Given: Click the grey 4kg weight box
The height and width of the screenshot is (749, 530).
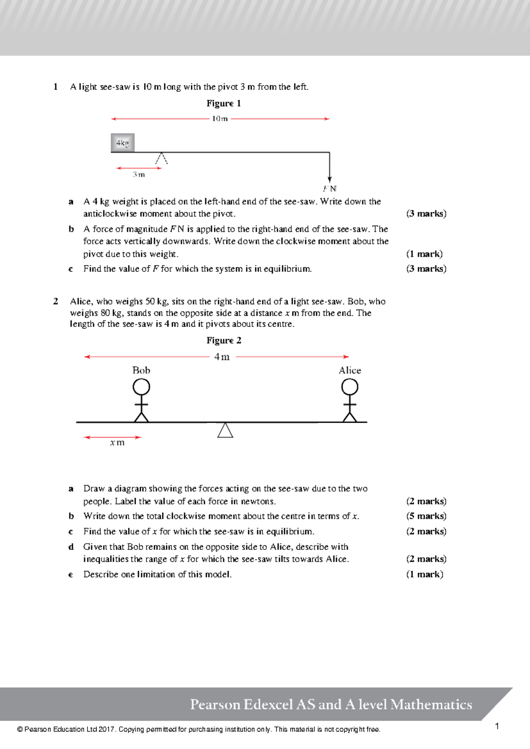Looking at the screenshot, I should (x=122, y=143).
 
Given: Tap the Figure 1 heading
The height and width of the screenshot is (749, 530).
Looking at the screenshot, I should (x=223, y=103).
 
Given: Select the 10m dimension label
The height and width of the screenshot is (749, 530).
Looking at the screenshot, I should (x=220, y=119).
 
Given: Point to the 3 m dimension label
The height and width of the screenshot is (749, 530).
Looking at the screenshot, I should (x=139, y=175).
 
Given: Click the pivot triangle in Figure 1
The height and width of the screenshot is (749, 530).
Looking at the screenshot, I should (x=162, y=159).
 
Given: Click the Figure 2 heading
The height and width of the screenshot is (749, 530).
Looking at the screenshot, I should (x=223, y=340).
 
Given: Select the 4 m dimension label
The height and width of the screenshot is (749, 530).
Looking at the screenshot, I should (x=222, y=357).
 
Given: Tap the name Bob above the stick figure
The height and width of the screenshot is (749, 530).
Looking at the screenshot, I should (x=141, y=371).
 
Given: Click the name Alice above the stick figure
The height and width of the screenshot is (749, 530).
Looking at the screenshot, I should (x=350, y=371).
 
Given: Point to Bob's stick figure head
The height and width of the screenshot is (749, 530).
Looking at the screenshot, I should (x=141, y=387).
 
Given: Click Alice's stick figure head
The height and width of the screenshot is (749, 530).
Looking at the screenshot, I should (x=350, y=387).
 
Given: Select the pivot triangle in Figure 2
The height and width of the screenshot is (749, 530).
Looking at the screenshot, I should (x=225, y=430).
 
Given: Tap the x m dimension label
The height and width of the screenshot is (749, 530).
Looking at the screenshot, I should (x=117, y=443).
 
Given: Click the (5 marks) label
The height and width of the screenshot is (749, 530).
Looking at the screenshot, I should (x=426, y=516).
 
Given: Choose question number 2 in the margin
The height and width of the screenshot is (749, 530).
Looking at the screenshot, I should (x=56, y=302).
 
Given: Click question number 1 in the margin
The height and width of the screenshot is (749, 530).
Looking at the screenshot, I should (x=56, y=87).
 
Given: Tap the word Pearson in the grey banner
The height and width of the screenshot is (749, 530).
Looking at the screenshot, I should (x=216, y=704).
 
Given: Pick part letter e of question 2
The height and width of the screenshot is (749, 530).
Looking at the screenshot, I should (x=71, y=575).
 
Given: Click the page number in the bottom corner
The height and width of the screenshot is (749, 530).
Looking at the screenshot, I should (x=497, y=726).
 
